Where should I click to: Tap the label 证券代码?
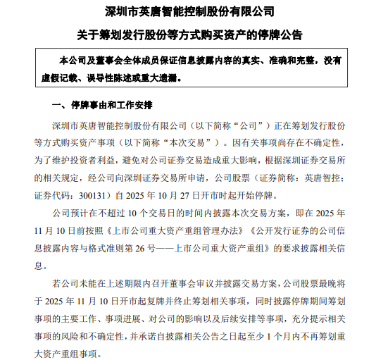pyautogui.click(x=56, y=192)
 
